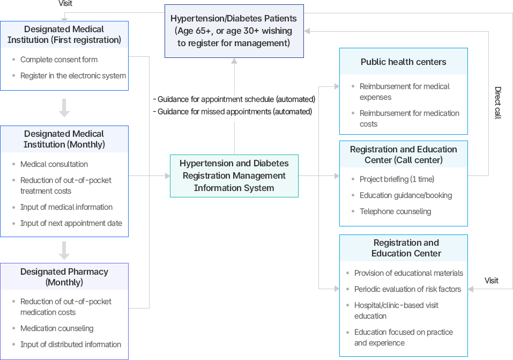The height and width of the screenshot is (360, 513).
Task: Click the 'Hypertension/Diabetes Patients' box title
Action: click(234, 19)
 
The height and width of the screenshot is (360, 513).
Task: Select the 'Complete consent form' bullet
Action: click(59, 60)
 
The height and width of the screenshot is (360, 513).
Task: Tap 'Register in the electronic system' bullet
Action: click(73, 76)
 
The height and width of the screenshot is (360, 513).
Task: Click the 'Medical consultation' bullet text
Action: click(54, 164)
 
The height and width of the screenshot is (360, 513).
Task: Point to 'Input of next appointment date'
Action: click(71, 223)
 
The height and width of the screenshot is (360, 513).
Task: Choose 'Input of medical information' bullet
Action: click(66, 207)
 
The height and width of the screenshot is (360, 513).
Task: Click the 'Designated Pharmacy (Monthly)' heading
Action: click(64, 277)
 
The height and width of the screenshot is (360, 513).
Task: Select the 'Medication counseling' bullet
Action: click(57, 328)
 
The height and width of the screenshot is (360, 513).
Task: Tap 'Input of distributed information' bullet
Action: click(71, 344)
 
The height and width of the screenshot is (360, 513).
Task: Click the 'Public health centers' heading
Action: click(403, 62)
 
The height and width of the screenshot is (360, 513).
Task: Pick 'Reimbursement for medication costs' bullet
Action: click(409, 119)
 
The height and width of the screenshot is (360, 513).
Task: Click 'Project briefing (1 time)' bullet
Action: click(397, 179)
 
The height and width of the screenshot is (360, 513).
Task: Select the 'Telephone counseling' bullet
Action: click(395, 211)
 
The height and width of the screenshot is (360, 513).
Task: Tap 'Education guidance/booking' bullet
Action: click(406, 195)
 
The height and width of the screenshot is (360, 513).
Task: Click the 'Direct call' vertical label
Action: click(497, 103)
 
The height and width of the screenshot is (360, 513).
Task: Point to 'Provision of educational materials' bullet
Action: click(408, 273)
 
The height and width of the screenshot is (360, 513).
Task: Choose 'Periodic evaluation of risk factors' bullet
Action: click(407, 289)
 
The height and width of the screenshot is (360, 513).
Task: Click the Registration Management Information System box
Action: click(234, 175)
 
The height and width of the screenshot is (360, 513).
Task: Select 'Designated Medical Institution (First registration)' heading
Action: click(64, 34)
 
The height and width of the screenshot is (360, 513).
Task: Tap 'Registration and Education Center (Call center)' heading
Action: click(403, 155)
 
